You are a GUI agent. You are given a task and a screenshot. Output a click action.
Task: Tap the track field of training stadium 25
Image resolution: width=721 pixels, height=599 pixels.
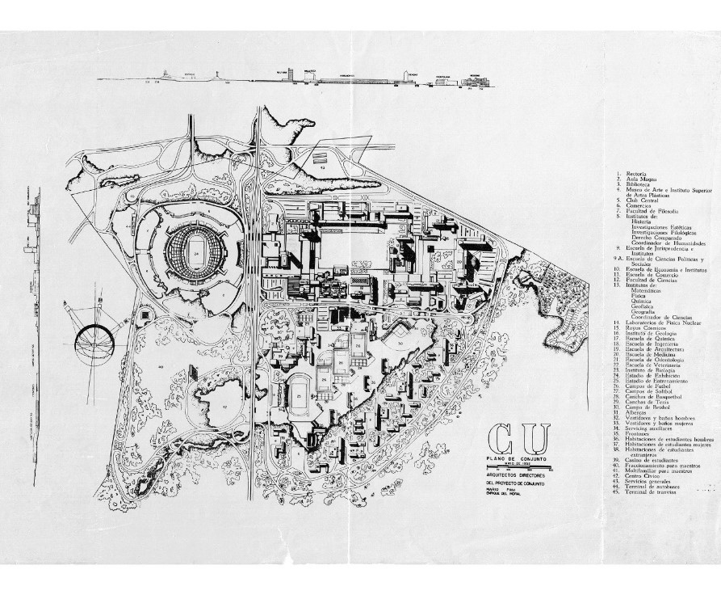click(300, 395)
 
